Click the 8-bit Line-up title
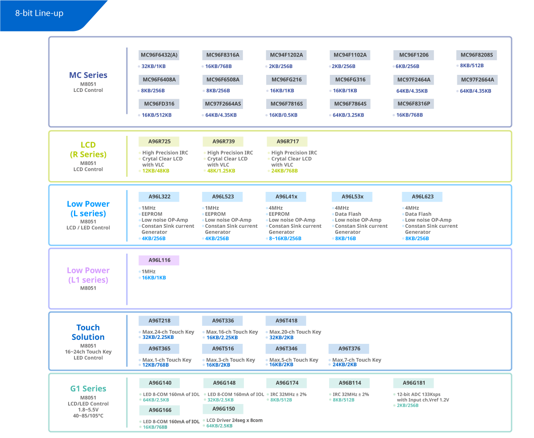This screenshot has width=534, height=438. (39, 13)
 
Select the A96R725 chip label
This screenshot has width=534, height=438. (159, 142)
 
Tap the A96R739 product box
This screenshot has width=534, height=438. (223, 142)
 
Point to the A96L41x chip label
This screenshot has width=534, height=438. (286, 197)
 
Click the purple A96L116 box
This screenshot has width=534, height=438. (159, 260)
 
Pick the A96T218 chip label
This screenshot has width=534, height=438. (159, 321)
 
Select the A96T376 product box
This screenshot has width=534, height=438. (349, 349)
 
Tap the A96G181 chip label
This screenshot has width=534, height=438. (413, 383)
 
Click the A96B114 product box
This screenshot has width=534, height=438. (349, 383)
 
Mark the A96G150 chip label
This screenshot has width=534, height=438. (223, 409)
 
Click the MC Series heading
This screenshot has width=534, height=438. (88, 75)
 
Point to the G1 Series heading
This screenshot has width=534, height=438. (88, 389)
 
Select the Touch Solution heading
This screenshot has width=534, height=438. (88, 332)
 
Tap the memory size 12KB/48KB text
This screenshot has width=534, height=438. (156, 171)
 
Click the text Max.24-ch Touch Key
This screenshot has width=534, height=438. (168, 332)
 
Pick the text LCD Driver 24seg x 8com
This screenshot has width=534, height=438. (234, 421)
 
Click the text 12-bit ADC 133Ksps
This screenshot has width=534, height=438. (418, 395)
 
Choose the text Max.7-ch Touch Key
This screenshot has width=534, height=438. (357, 360)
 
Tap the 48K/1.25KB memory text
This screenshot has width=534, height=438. (221, 171)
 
